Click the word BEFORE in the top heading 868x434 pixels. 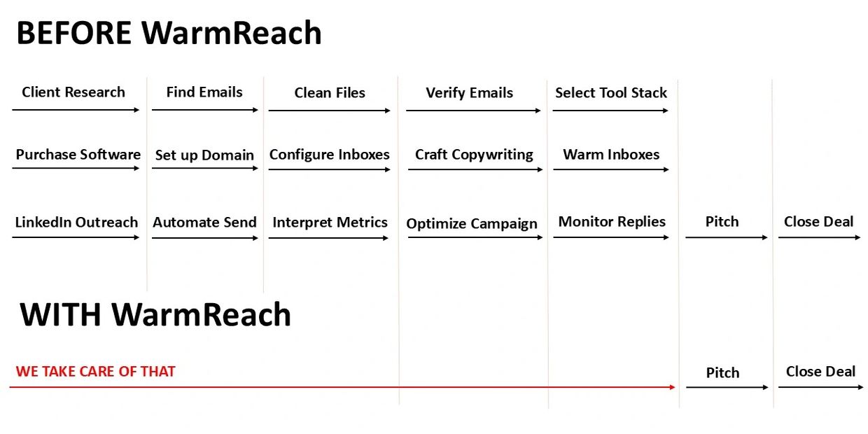point(74,33)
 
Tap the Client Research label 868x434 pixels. point(73,92)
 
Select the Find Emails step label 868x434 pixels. point(204,92)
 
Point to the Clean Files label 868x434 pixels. point(330,92)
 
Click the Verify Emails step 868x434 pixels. point(469,93)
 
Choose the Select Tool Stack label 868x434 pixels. point(611,93)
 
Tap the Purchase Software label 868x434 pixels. point(78,155)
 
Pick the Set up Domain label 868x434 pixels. point(204,155)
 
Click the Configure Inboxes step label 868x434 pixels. point(330,155)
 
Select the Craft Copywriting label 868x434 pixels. point(474,155)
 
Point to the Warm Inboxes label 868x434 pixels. point(611,155)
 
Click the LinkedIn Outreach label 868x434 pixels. point(76,223)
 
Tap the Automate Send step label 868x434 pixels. point(204,223)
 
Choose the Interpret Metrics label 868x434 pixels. point(330,223)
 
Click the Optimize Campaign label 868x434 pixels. point(472,224)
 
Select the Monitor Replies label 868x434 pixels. point(612,222)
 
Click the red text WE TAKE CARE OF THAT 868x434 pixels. point(95,372)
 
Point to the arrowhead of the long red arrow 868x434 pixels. point(673,387)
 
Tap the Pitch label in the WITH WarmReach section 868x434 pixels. point(722,373)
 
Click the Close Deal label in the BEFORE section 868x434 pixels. point(818,222)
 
